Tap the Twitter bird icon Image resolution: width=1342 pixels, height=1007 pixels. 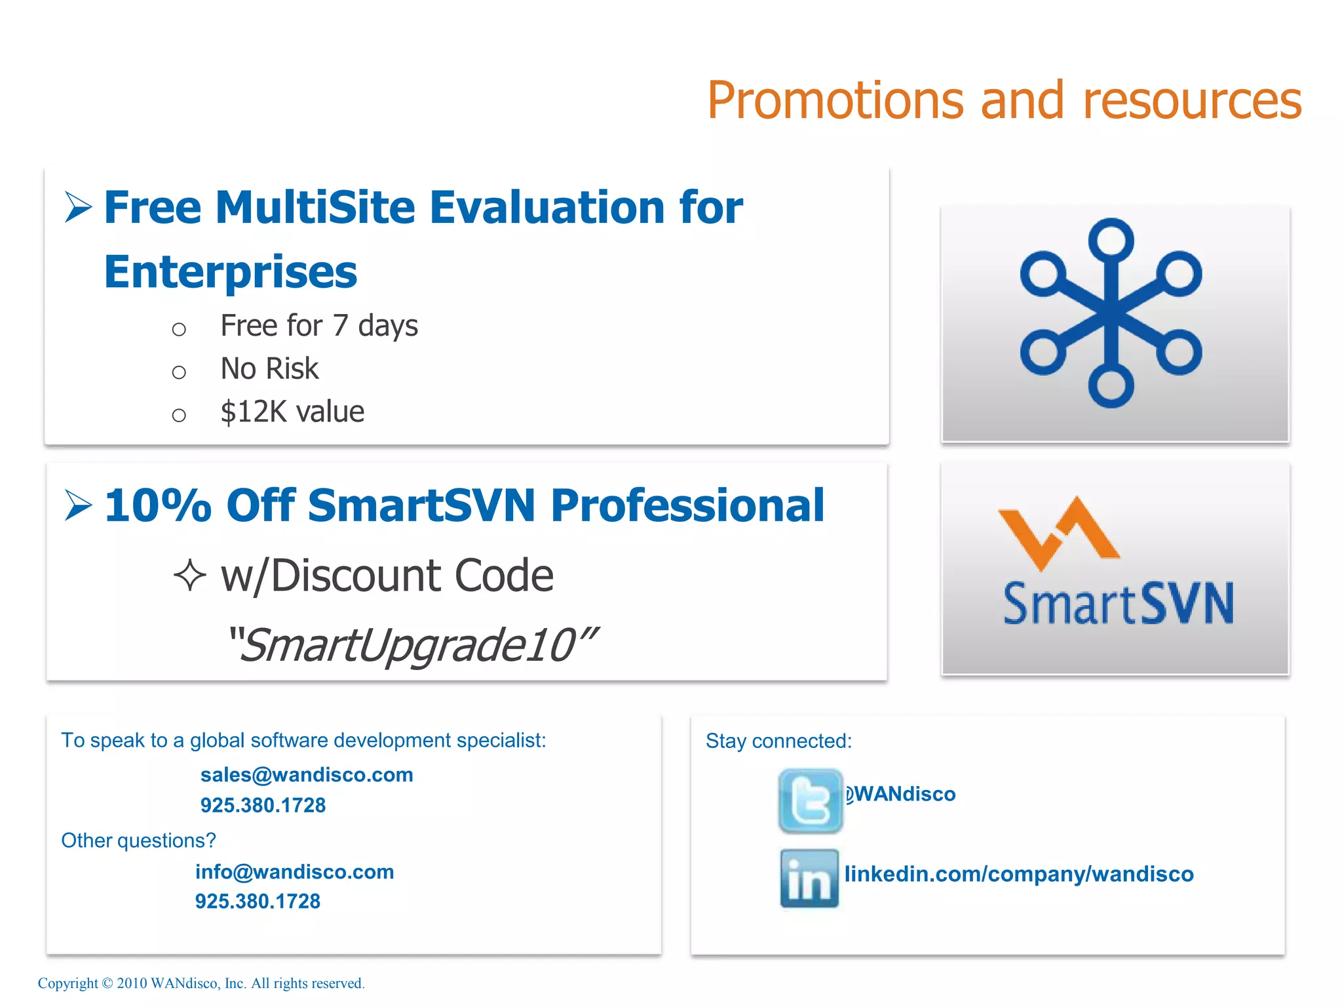pyautogui.click(x=811, y=800)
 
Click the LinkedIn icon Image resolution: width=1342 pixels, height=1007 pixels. pyautogui.click(x=809, y=879)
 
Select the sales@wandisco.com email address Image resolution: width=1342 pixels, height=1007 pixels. pyautogui.click(x=307, y=775)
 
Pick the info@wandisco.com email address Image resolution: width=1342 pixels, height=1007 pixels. pyautogui.click(x=294, y=872)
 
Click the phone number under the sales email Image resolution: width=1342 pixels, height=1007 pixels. pyautogui.click(x=263, y=805)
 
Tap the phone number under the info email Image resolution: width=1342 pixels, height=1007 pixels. pyautogui.click(x=258, y=901)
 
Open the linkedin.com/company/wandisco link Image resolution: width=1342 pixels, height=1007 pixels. pyautogui.click(x=1019, y=874)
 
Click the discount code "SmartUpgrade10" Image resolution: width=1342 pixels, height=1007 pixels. pyautogui.click(x=412, y=645)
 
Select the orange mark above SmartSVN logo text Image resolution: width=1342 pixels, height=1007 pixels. pyautogui.click(x=1058, y=532)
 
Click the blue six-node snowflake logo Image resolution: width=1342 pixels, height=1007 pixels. pyautogui.click(x=1111, y=313)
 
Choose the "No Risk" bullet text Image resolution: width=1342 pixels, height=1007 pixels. pyautogui.click(x=269, y=369)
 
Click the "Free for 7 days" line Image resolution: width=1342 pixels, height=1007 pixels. pyautogui.click(x=319, y=326)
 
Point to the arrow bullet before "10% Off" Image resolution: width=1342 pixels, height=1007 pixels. pyautogui.click(x=78, y=505)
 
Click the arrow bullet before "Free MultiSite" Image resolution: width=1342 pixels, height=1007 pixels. pyautogui.click(x=78, y=207)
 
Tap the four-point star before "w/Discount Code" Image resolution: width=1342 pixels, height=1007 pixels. pyautogui.click(x=190, y=575)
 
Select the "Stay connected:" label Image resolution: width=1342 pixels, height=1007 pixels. pyautogui.click(x=778, y=741)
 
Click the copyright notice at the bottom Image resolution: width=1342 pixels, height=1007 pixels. pyautogui.click(x=201, y=983)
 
